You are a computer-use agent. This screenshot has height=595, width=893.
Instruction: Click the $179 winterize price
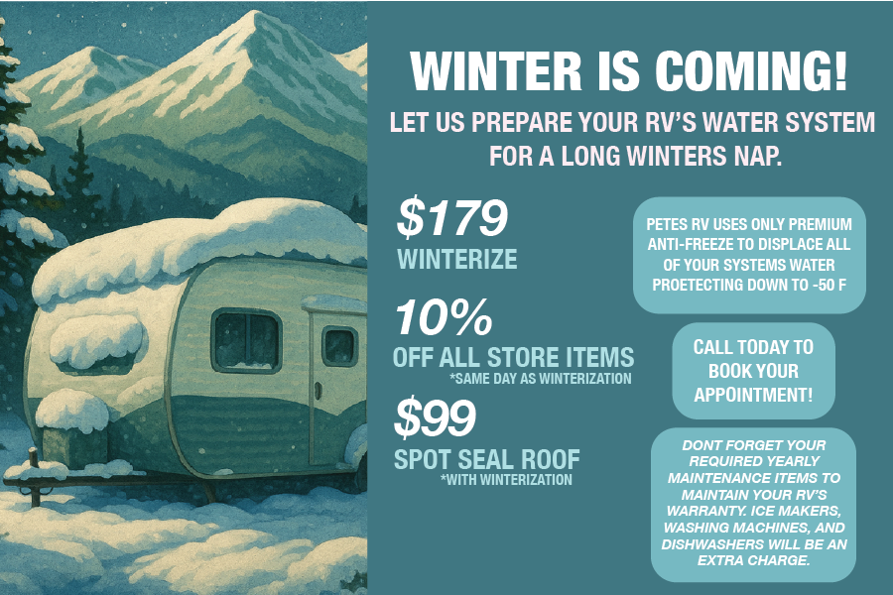click(x=452, y=220)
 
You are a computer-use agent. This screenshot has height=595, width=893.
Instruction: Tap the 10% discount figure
click(x=444, y=318)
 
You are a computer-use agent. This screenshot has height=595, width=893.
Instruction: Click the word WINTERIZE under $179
click(x=457, y=260)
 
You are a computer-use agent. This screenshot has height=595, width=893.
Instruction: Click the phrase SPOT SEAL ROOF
click(x=487, y=460)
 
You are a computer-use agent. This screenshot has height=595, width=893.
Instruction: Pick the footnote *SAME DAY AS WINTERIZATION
click(x=541, y=379)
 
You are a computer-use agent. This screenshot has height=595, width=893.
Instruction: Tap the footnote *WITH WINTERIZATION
click(x=506, y=480)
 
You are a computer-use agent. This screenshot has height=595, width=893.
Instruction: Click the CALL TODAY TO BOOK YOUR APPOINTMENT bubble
click(x=753, y=371)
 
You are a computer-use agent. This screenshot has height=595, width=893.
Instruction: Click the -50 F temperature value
click(x=829, y=287)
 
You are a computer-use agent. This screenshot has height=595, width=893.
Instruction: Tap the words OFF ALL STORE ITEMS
click(x=513, y=357)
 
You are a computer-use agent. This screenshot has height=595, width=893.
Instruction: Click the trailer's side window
click(x=246, y=340)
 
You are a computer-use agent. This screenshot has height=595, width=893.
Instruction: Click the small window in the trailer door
click(x=339, y=346)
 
